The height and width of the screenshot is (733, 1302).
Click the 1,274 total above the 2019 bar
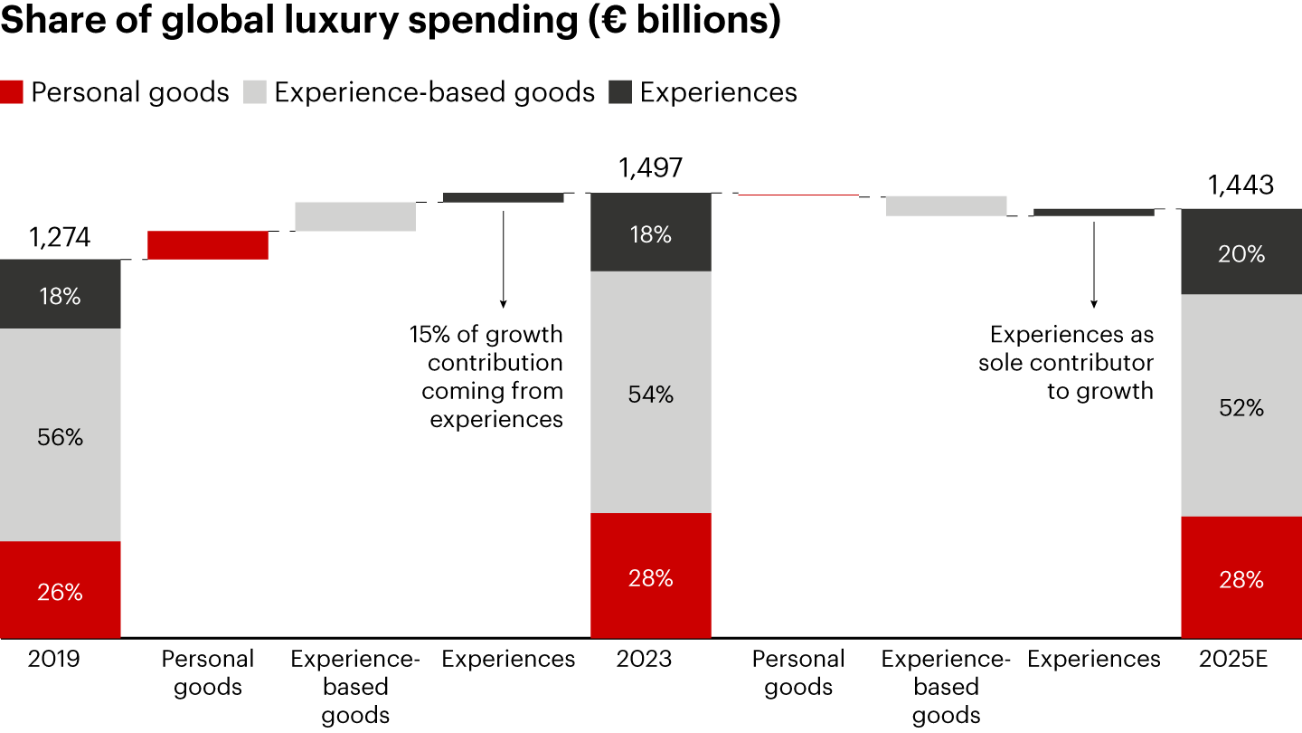point(60,238)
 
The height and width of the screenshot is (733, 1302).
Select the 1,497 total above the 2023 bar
point(650,168)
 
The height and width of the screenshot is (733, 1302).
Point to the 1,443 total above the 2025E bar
point(1241,186)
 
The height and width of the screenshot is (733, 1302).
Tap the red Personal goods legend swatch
point(12,92)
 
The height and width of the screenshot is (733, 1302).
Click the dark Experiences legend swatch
point(620,92)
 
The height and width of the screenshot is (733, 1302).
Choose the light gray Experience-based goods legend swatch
point(255,92)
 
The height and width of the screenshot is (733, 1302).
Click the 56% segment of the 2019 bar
point(60,436)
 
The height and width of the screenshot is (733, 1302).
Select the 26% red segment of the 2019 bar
point(60,591)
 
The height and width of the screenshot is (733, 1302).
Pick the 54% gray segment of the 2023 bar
point(650,394)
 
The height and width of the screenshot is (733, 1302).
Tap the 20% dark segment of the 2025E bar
point(1241,253)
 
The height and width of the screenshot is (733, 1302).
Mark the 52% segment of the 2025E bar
point(1241,407)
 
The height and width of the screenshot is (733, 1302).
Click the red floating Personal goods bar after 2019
point(208,245)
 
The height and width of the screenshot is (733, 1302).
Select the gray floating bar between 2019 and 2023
point(355,216)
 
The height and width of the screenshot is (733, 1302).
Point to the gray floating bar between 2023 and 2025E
point(946,205)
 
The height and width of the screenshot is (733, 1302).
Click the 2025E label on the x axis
point(1241,660)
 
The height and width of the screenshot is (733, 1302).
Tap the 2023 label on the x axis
point(644,660)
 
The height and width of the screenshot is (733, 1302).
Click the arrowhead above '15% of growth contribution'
point(503,302)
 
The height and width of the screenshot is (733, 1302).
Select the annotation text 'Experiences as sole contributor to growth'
point(1067,363)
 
